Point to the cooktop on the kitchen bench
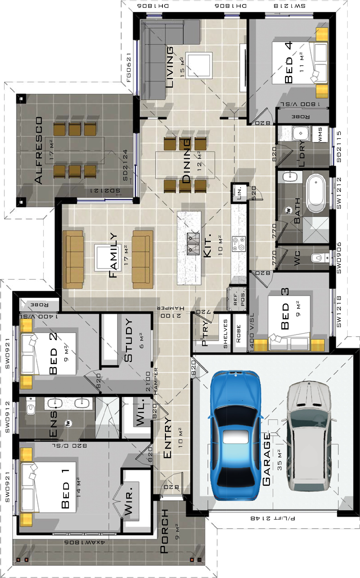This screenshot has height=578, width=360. (x=239, y=244)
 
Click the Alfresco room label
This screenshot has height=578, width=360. (x=38, y=150)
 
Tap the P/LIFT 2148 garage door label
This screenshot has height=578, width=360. (x=272, y=518)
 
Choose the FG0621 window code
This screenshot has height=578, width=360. (x=129, y=67)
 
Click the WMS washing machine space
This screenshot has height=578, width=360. (x=320, y=134)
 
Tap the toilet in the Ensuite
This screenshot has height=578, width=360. (x=31, y=407)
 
